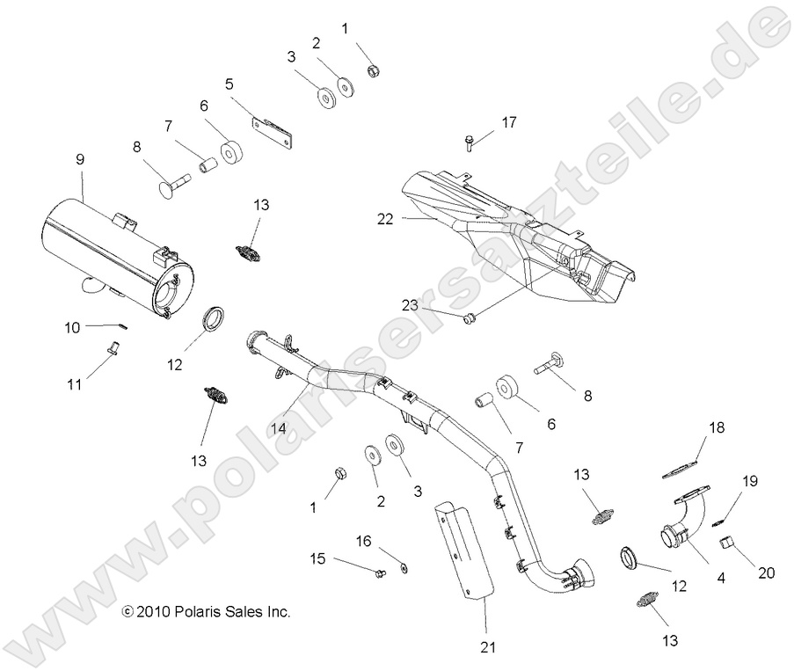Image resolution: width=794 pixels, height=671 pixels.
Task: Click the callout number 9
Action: pyautogui.click(x=80, y=160)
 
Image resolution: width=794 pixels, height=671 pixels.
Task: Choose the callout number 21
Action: pyautogui.click(x=488, y=647)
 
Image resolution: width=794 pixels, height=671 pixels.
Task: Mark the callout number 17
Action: pyautogui.click(x=509, y=123)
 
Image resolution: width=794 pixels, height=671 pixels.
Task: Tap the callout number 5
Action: pyautogui.click(x=229, y=85)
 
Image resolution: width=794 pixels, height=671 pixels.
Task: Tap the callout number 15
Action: pyautogui.click(x=317, y=558)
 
